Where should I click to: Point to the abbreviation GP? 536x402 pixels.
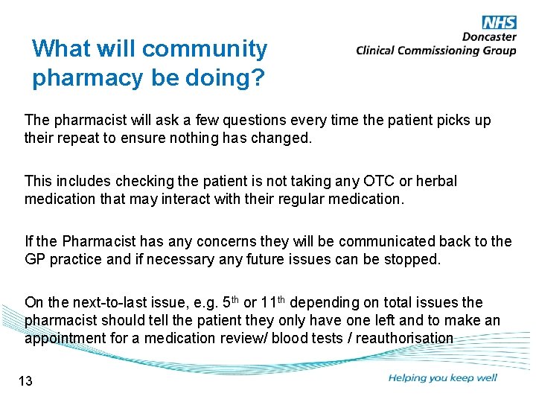(x=35, y=258)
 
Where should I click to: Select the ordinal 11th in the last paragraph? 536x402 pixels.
(x=272, y=302)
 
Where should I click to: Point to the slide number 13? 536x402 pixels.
(x=25, y=382)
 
